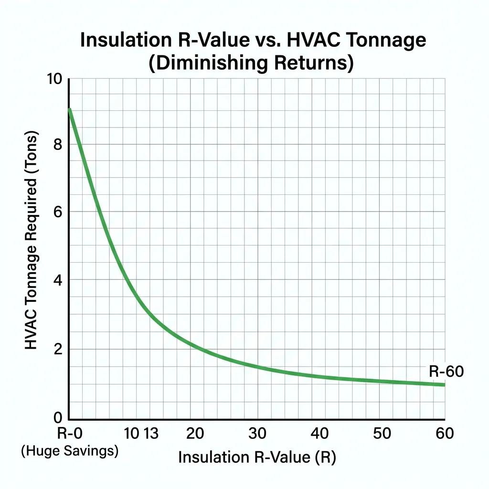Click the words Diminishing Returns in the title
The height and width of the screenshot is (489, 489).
click(x=251, y=63)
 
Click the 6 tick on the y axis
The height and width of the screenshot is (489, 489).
click(x=58, y=213)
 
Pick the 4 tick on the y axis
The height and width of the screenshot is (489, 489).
click(x=58, y=280)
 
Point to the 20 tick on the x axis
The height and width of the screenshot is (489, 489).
click(x=195, y=434)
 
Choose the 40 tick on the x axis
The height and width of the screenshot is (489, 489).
click(x=319, y=434)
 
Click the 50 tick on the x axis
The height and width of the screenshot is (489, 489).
click(x=382, y=434)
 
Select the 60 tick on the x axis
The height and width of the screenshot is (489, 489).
click(x=445, y=434)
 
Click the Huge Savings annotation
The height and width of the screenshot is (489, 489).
click(x=70, y=451)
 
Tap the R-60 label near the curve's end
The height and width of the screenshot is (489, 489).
click(x=446, y=372)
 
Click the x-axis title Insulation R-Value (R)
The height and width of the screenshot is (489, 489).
click(x=257, y=457)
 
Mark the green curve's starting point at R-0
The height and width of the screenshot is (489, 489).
click(x=70, y=110)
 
